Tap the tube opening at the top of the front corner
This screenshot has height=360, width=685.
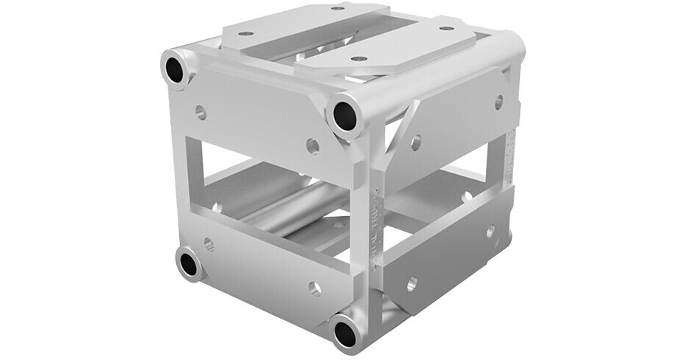(344, 114)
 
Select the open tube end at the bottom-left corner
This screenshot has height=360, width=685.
(190, 263)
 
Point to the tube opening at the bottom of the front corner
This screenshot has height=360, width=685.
(345, 333)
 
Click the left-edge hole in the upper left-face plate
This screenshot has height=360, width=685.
(200, 112)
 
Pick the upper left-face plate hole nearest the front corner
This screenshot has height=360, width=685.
(313, 145)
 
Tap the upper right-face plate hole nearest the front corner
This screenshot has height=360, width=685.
(416, 142)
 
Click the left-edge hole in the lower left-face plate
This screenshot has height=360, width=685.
(209, 243)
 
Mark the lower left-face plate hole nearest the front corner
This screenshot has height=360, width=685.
(315, 287)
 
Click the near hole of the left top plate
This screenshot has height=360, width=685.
(246, 33)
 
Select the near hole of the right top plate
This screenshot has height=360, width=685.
(358, 58)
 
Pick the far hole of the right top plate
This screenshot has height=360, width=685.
(446, 29)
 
